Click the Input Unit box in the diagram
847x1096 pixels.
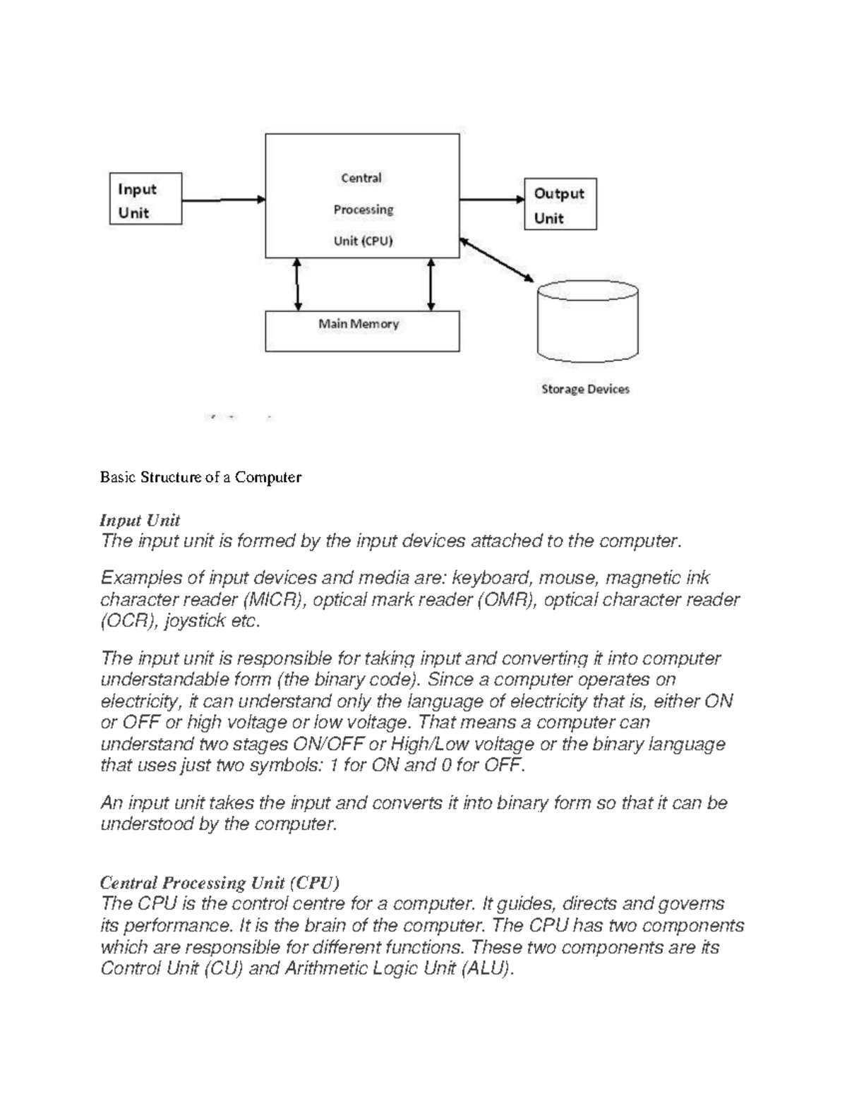click(145, 199)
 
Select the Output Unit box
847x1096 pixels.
click(560, 204)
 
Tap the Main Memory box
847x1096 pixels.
click(361, 331)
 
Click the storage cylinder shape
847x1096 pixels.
click(587, 322)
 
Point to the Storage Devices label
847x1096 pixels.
click(585, 389)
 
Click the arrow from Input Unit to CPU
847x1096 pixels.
click(223, 200)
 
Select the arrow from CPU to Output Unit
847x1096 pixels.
click(491, 200)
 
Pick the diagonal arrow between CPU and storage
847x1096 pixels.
click(496, 260)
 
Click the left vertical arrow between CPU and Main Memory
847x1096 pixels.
click(298, 284)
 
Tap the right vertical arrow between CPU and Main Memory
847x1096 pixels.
click(431, 284)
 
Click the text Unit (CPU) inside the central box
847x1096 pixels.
click(363, 241)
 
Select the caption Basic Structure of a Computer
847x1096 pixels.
click(200, 477)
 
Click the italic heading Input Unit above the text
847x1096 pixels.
click(140, 520)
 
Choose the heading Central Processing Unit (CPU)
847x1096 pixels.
click(220, 883)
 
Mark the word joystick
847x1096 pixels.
click(197, 621)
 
